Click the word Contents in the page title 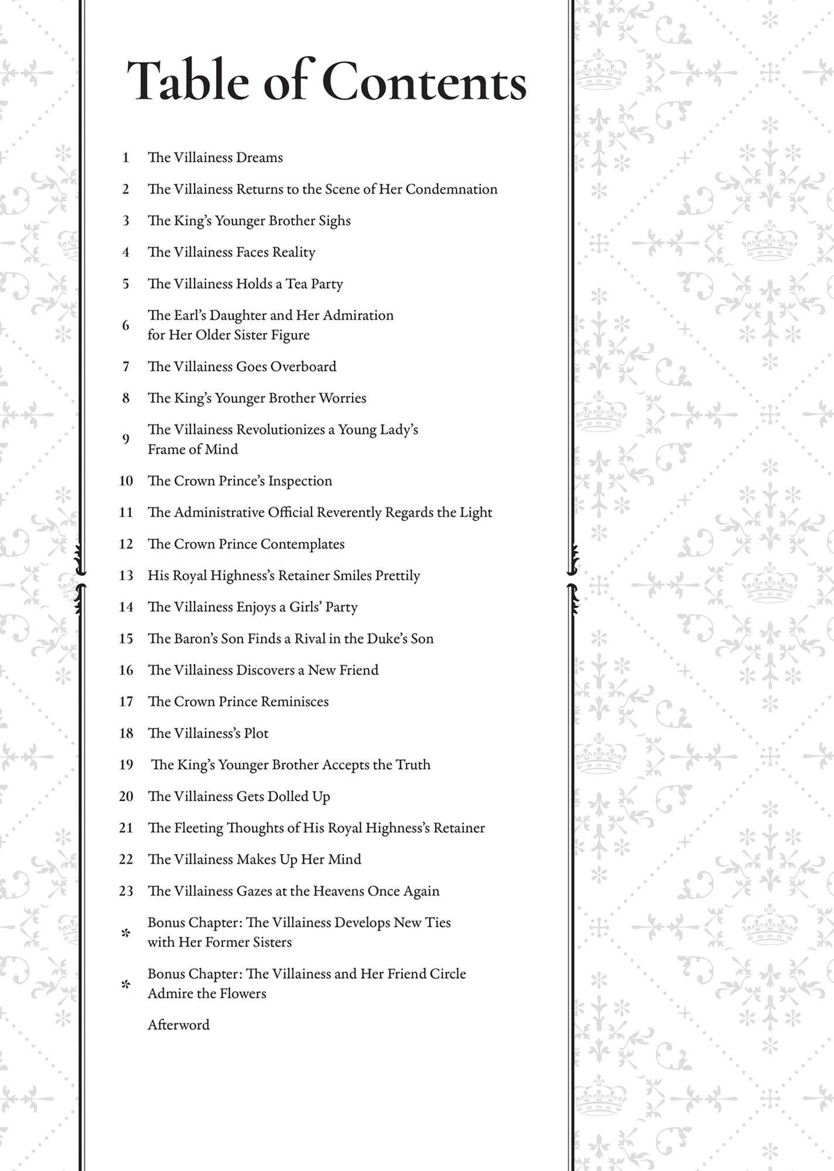[424, 82]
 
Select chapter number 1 [125, 157]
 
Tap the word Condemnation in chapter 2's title [452, 189]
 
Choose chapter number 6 [125, 326]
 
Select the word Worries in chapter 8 [342, 398]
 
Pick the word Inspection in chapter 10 [300, 481]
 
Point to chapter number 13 [126, 576]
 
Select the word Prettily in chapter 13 [398, 576]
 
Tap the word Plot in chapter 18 [257, 734]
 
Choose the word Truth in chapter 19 [413, 765]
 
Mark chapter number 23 [126, 891]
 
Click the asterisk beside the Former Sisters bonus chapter [125, 933]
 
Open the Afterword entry [178, 1025]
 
